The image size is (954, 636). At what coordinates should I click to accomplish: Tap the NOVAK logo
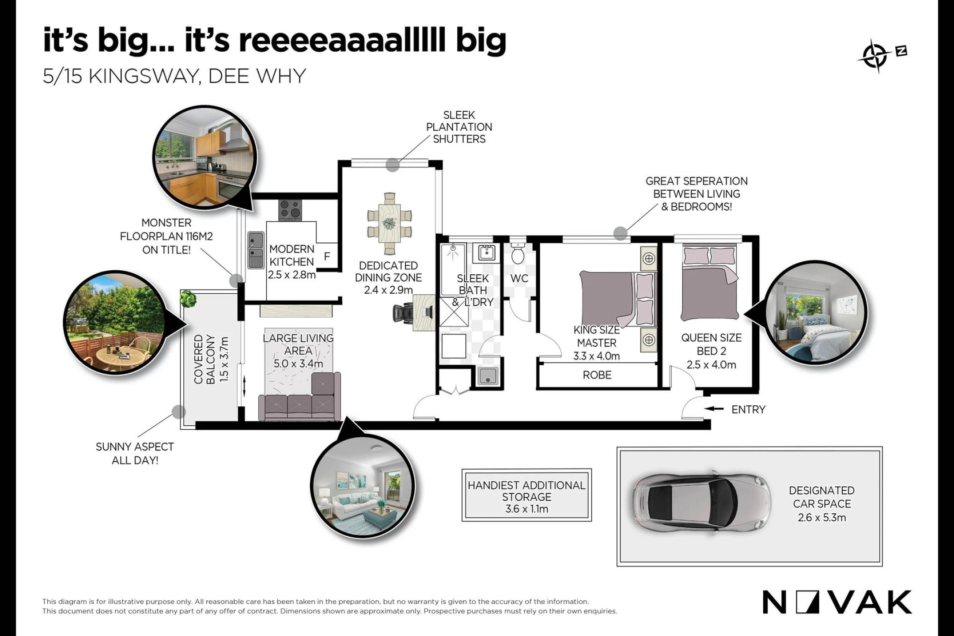pos(837,602)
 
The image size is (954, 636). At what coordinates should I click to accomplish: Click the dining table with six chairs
pos(390,223)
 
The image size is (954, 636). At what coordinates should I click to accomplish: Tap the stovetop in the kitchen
pos(290,210)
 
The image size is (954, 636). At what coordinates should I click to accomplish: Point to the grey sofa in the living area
pos(299,397)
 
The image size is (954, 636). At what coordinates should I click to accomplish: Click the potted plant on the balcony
pos(188,299)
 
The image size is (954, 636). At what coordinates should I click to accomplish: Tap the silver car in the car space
pos(702,503)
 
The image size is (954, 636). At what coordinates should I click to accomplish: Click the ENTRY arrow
pos(714,409)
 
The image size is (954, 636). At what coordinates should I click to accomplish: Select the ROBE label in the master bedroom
pos(597,375)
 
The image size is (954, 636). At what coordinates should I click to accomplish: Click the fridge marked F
pos(327,256)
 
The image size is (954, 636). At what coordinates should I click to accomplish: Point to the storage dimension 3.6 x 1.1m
pos(527,509)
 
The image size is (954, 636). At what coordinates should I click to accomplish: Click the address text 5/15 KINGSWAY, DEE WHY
pos(174,76)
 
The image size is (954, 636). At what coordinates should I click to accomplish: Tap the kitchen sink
pos(256,250)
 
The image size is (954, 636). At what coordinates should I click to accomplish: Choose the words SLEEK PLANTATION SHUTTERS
pos(459,127)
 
